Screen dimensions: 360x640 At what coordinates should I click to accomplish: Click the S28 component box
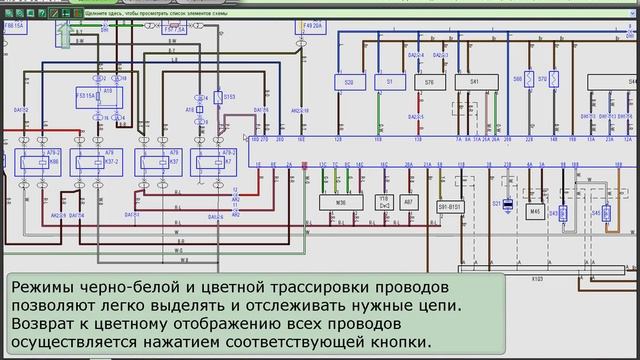pyautogui.click(x=349, y=82)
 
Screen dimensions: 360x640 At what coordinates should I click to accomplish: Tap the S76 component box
pyautogui.click(x=430, y=82)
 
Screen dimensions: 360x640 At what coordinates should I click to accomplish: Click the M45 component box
pyautogui.click(x=535, y=211)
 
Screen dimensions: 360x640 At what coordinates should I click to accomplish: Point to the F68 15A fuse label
pyautogui.click(x=15, y=37)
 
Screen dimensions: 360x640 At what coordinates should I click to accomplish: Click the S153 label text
pyautogui.click(x=229, y=96)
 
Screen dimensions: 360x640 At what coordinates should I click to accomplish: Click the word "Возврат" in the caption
pyautogui.click(x=46, y=324)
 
